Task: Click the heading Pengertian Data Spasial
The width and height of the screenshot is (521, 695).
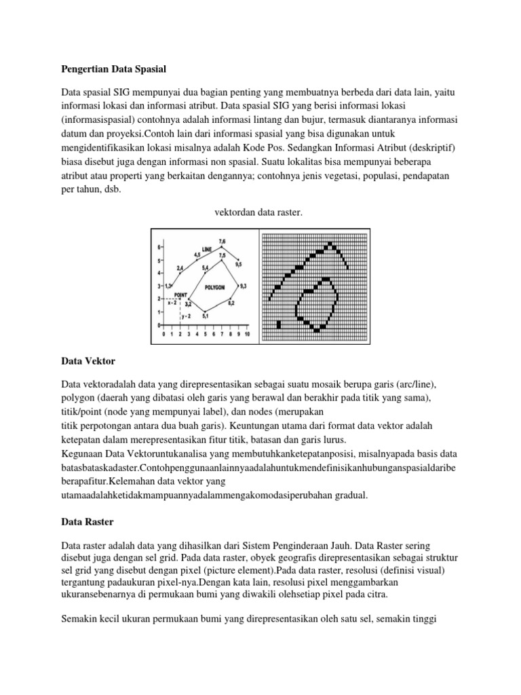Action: point(113,69)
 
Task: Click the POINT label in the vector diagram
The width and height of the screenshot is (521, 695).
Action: point(180,295)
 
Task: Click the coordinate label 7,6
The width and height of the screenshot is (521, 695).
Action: point(223,242)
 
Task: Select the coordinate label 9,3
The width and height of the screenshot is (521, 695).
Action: point(244,286)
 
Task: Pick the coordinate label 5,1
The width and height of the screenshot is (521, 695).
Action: point(206,316)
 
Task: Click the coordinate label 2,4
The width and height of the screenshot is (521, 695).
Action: point(180,269)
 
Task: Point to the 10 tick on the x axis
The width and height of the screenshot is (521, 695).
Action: point(248,335)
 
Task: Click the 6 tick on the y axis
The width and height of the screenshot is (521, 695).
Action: point(159,247)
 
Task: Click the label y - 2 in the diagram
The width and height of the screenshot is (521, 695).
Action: point(186,316)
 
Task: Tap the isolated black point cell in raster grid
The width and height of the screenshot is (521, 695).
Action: point(279,326)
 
